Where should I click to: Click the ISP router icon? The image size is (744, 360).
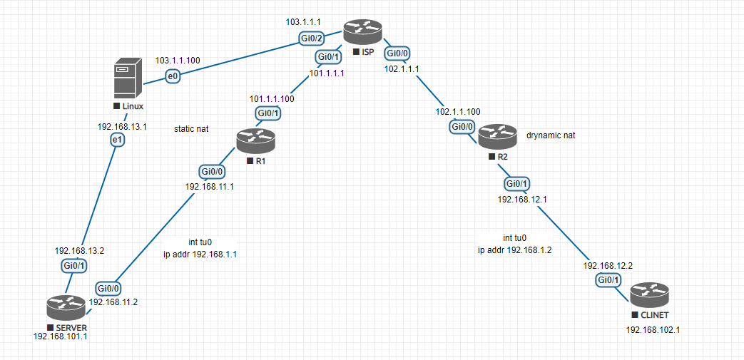coord(363,31)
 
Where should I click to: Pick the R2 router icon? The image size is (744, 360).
coord(497,135)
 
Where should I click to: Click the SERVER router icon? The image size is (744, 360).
coord(66,307)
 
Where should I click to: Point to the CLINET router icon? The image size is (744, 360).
coord(650,294)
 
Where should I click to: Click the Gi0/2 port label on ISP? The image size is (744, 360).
coord(312,38)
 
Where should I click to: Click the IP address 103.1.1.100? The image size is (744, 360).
coord(178,61)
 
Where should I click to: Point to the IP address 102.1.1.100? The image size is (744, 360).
coord(457,112)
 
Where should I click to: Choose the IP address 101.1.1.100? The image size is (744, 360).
coord(271,98)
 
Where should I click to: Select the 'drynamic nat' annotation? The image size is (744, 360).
coord(551,134)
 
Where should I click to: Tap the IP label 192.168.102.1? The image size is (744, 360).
coord(652,330)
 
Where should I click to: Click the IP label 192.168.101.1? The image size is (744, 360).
coord(60,336)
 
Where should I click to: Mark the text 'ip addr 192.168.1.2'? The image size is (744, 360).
coord(514,250)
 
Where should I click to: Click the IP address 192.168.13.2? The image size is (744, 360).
coord(79,250)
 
